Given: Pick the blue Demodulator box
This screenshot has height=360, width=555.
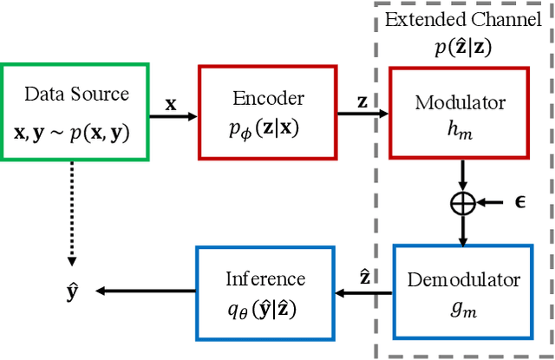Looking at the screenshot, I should [460, 291].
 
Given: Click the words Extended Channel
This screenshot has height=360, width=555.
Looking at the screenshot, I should [460, 19].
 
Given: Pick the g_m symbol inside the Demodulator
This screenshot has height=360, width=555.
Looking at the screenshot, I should [460, 307].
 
